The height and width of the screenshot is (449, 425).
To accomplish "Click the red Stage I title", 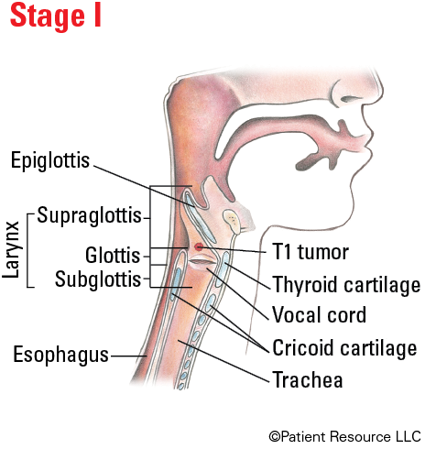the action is [56, 16].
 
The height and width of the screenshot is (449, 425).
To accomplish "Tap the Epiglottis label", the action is [50, 160].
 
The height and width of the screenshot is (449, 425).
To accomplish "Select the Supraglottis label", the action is [89, 215].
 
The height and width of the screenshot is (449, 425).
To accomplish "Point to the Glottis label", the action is [113, 256].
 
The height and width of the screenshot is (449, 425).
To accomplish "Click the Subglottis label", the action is [98, 279].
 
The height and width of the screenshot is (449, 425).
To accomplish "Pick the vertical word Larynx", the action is [11, 250].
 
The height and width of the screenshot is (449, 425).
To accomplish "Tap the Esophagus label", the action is [60, 355].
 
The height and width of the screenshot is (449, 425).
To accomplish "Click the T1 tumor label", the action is [311, 252].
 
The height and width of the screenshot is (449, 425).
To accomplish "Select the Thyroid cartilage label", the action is [347, 285].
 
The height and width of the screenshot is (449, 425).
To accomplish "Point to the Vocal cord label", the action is [319, 315].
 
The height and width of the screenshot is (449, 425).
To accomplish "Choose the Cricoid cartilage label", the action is [344, 348].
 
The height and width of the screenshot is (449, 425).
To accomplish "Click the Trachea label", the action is [308, 379].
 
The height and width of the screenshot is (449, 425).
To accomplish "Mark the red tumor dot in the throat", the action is [199, 246].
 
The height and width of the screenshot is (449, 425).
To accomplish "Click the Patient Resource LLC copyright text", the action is [344, 436].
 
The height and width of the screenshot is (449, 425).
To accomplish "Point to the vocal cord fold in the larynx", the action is [202, 262].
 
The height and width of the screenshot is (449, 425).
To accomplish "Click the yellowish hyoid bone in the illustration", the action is [232, 220].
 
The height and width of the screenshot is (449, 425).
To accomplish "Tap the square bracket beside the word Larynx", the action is [28, 250].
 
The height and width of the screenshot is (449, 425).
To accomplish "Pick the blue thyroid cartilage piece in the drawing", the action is [223, 268].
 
